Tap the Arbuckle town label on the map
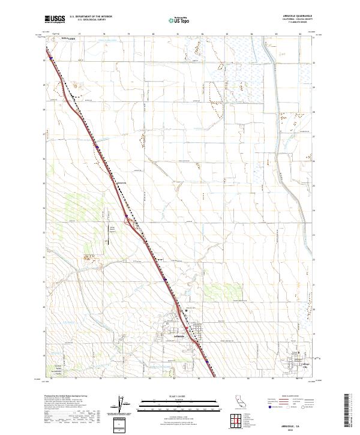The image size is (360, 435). (177, 337)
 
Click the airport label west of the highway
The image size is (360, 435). (112, 228)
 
